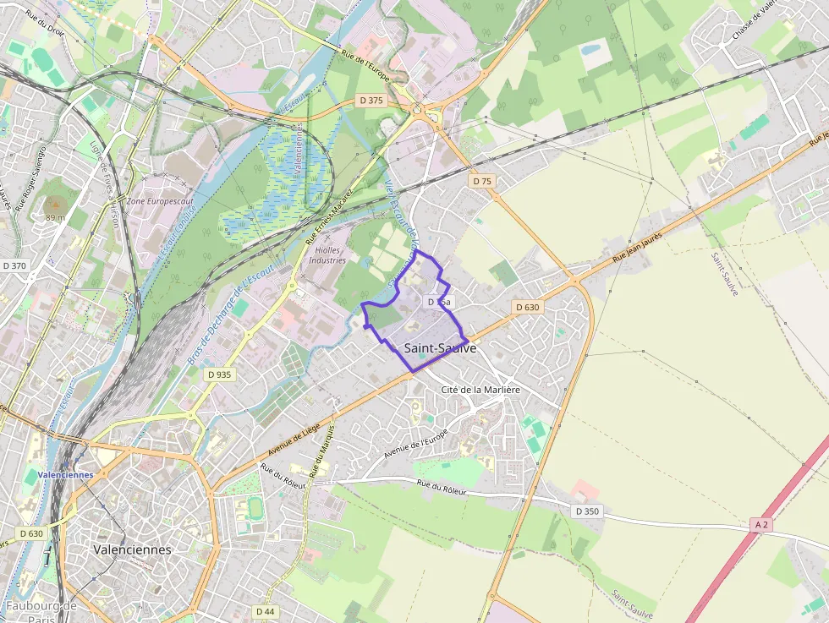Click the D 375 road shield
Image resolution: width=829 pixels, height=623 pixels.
pos(371,100)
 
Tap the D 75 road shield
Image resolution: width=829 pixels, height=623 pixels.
pos(482,181)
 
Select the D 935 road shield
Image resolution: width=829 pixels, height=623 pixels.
pos(217,374)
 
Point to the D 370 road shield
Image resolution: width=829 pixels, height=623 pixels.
pos(14,265)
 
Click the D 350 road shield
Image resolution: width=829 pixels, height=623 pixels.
pos(586,511)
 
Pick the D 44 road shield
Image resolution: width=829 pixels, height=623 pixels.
pos(265,611)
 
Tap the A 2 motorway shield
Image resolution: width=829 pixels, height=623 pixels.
pos(761,525)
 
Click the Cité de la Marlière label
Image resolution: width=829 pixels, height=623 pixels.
pos(480,390)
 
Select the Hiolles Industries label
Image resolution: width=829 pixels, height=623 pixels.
pos(327,255)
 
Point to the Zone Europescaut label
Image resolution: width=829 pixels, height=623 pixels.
pos(159,202)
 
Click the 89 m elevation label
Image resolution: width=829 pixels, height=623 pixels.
pos(55,217)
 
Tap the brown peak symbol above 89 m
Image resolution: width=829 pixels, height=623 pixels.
pos(55,204)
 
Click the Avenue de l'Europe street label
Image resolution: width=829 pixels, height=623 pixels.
pos(415,444)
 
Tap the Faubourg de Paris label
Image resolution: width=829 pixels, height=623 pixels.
pos(41,612)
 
